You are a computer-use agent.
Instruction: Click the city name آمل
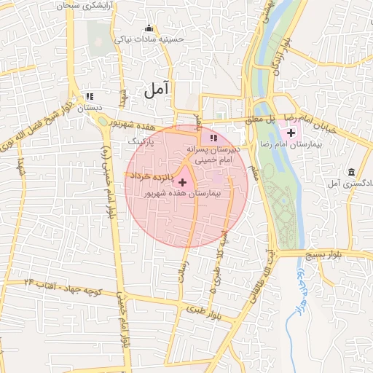click(156, 90)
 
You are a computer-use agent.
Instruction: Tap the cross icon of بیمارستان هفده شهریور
click(182, 180)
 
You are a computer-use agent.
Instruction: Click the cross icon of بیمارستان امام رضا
click(291, 133)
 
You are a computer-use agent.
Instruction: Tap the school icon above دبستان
click(89, 95)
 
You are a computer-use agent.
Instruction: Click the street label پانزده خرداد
click(151, 176)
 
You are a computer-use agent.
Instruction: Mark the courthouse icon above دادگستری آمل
click(352, 172)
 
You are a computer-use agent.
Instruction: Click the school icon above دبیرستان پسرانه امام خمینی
click(213, 137)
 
